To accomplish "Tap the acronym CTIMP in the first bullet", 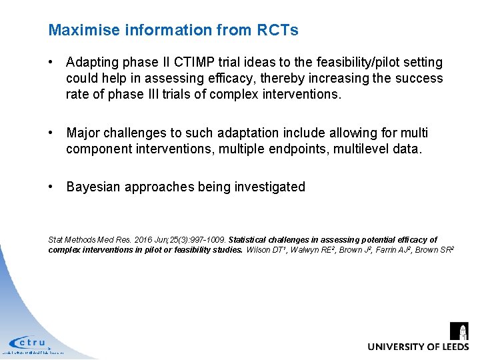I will pyautogui.click(x=197, y=62).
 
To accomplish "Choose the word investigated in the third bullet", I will pyautogui.click(x=270, y=187).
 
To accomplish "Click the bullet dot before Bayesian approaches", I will pyautogui.click(x=51, y=187).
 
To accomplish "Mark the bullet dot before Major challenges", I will pyautogui.click(x=51, y=133).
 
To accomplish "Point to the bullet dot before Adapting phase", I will pyautogui.click(x=51, y=62).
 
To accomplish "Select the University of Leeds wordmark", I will pyautogui.click(x=418, y=347).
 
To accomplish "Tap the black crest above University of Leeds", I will pyautogui.click(x=459, y=331).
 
